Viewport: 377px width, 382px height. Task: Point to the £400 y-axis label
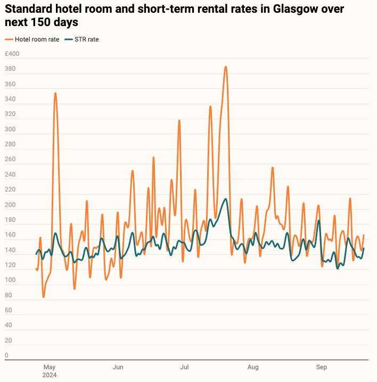12,54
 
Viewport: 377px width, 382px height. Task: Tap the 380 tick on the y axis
10,69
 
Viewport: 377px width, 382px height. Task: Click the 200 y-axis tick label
10,205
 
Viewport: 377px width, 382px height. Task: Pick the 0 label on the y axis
6,355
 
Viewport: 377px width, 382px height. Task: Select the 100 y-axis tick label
10,280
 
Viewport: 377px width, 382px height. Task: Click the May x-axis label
50,367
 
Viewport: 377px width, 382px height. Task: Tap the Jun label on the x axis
118,367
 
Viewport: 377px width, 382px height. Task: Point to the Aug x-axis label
253,367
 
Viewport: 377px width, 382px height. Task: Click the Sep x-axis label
322,367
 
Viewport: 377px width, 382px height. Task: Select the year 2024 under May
50,375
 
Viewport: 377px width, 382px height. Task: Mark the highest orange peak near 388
226,67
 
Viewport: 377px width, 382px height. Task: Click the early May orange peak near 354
55,93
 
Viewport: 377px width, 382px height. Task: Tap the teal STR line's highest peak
226,199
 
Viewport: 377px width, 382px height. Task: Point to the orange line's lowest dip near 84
44,296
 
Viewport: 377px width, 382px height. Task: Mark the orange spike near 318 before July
179,120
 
